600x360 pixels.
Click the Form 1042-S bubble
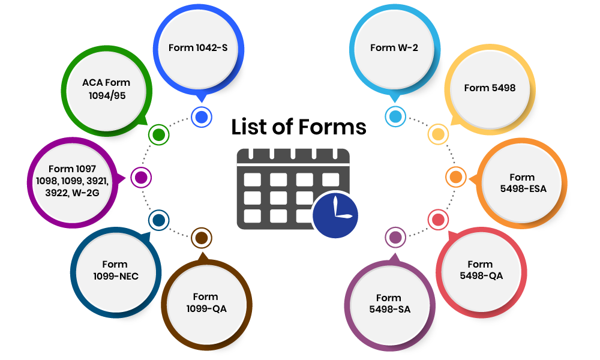point(198,48)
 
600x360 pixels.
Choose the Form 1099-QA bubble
point(205,303)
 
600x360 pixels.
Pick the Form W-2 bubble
point(394,48)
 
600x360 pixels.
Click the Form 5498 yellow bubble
point(490,88)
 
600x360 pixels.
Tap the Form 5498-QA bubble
point(480,270)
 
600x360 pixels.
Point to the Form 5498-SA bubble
point(388,304)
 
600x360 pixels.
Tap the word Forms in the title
point(332,127)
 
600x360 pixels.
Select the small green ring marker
point(158,134)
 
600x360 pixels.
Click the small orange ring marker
point(455,178)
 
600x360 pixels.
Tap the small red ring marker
point(437,220)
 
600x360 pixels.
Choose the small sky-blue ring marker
point(395,116)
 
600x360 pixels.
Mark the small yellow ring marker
point(437,134)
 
